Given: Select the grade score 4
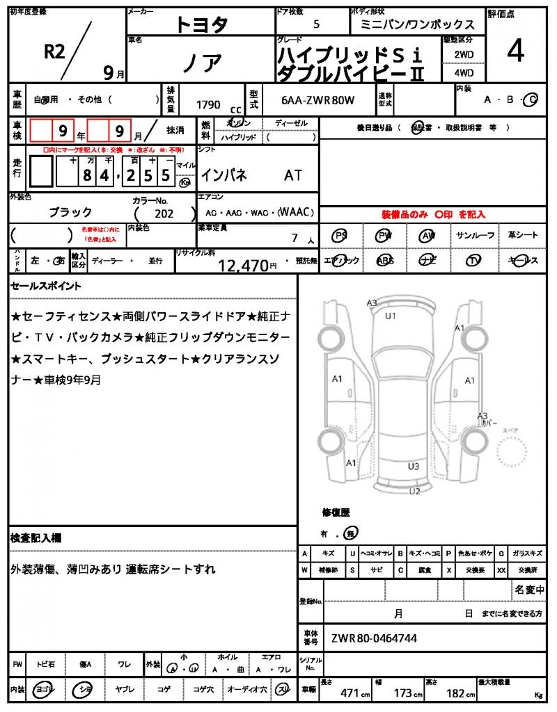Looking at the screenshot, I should [x=515, y=52].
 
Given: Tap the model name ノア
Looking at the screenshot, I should [x=202, y=63].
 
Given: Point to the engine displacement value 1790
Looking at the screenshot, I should [x=208, y=105].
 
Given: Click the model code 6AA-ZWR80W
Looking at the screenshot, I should [x=318, y=100].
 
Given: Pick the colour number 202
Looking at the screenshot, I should [x=164, y=214].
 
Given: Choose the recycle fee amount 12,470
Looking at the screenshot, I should [x=243, y=265].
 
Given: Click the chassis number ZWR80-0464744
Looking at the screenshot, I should [x=375, y=638].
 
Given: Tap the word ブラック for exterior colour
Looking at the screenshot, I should [x=70, y=212].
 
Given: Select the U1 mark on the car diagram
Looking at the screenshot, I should [x=391, y=316].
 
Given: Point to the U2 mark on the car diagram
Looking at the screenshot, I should [x=415, y=492].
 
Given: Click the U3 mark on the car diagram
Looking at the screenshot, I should [x=414, y=466].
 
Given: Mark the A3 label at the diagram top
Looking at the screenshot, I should [x=372, y=302].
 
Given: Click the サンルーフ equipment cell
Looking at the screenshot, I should [x=475, y=236].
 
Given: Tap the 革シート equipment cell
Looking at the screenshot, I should [x=523, y=236].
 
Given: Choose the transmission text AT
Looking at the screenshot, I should [x=293, y=175].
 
